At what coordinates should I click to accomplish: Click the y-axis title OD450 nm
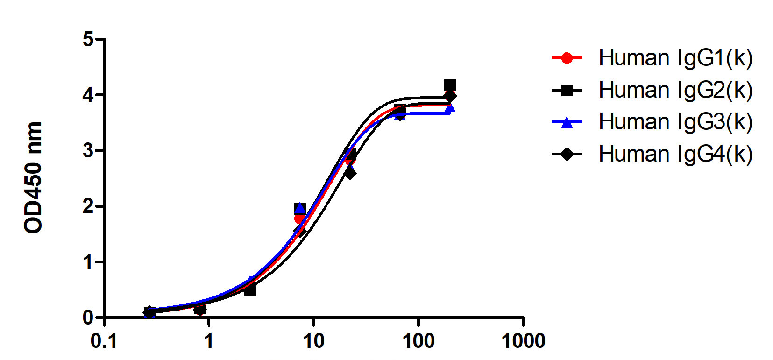[x=34, y=177]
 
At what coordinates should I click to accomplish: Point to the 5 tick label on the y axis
[x=88, y=39]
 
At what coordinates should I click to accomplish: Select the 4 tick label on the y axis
[x=88, y=95]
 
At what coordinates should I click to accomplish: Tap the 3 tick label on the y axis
[x=88, y=151]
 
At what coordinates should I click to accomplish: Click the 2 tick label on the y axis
[x=88, y=206]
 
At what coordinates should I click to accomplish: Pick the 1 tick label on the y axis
[x=88, y=262]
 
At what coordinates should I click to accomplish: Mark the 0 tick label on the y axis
[x=88, y=318]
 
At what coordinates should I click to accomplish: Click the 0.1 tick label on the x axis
[x=104, y=341]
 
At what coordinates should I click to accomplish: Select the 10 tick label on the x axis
[x=313, y=341]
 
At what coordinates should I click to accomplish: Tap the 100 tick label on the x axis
[x=418, y=341]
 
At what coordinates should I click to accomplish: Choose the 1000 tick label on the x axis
[x=523, y=341]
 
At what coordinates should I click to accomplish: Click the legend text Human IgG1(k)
[x=675, y=58]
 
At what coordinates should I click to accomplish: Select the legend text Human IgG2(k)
[x=675, y=90]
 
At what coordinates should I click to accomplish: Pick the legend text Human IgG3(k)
[x=675, y=122]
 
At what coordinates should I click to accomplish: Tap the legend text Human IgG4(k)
[x=675, y=154]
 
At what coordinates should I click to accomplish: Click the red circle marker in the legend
[x=567, y=58]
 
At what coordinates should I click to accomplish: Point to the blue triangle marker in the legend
[x=567, y=122]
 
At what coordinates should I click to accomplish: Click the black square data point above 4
[x=450, y=85]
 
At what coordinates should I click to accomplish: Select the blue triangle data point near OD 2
[x=300, y=207]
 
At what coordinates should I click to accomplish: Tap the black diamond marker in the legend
[x=567, y=154]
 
